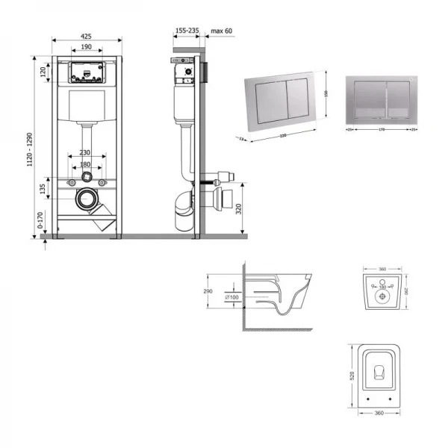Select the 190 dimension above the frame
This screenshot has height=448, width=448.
tap(87, 46)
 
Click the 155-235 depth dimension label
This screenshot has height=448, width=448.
tap(187, 31)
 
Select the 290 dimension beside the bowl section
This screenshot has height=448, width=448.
tap(209, 292)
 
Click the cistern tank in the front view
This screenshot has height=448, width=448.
tap(87, 107)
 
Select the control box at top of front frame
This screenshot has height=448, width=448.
tap(87, 72)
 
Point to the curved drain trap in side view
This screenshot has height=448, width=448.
tap(183, 211)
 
